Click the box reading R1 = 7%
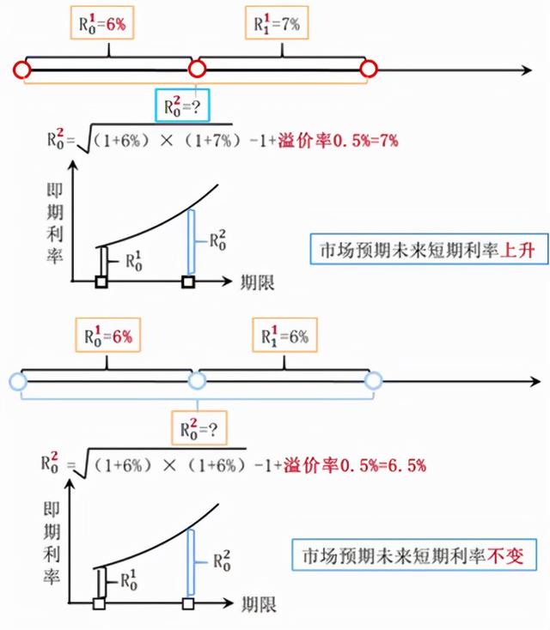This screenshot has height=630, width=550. [277, 23]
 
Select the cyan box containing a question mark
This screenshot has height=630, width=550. [182, 106]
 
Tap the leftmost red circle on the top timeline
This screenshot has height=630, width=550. [21, 70]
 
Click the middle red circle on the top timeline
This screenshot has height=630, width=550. [197, 70]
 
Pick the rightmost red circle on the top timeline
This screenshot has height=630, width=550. [368, 69]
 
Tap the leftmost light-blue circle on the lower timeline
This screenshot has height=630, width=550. [18, 381]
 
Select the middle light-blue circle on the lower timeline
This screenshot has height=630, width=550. [197, 380]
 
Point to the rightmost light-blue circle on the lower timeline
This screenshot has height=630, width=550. [373, 380]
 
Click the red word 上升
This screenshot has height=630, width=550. [517, 250]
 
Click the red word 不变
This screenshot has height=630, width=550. [506, 556]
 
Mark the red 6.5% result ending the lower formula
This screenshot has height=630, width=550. [407, 465]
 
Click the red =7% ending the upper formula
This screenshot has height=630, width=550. [385, 141]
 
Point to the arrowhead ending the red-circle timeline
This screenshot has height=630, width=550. [527, 70]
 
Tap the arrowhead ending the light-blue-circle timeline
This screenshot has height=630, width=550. [535, 381]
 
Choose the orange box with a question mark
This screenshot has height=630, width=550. [199, 428]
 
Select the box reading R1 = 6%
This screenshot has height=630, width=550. [284, 335]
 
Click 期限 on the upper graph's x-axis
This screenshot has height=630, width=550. [257, 282]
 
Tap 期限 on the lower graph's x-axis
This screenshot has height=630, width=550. [259, 604]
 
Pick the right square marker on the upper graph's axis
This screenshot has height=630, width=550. [188, 282]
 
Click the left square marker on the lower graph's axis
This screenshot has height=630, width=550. [99, 603]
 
